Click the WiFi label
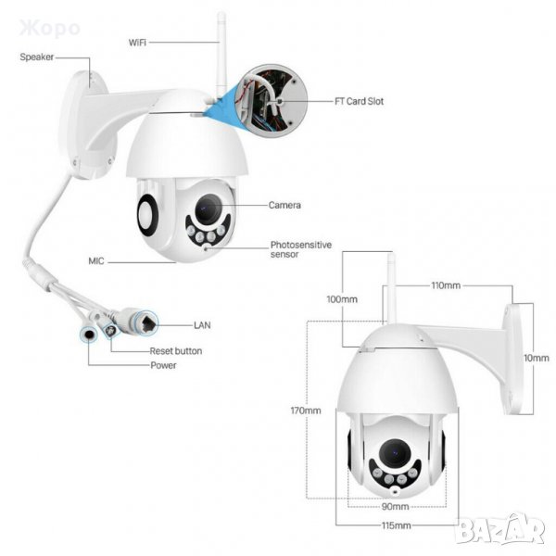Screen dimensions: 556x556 click(137, 43)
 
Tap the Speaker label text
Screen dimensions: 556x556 click(37, 57)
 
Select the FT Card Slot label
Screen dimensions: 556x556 click(360, 101)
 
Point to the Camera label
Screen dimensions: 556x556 click(284, 205)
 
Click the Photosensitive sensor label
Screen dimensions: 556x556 click(301, 249)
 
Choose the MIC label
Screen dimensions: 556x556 click(96, 261)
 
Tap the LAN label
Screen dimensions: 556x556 click(202, 325)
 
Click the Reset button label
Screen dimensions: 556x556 click(176, 351)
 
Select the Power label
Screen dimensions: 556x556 click(163, 365)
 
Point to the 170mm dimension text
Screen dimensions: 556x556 click(306, 411)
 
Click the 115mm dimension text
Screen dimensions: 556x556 click(397, 525)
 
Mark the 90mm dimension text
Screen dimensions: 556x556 click(396, 507)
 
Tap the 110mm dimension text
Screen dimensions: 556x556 click(446, 285)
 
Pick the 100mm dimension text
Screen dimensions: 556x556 click(342, 299)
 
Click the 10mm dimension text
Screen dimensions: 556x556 click(537, 358)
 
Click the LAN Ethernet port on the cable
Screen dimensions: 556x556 click(146, 323)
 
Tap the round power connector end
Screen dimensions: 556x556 click(88, 335)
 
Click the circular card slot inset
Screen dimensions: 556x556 click(272, 101)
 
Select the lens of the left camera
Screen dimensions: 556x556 click(208, 208)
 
